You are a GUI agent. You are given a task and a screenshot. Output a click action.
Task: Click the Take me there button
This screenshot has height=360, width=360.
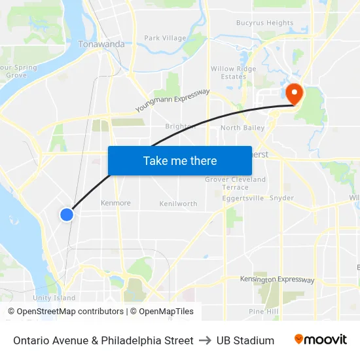tap(180, 160)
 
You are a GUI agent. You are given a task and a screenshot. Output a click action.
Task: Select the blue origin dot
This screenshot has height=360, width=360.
tap(67, 214)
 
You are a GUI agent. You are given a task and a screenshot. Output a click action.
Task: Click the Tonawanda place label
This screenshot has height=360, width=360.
tap(101, 44)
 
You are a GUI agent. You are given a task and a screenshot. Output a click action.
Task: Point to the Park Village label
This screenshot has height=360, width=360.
tap(165, 38)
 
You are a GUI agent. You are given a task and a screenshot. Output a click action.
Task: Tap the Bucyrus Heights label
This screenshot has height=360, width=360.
tap(264, 23)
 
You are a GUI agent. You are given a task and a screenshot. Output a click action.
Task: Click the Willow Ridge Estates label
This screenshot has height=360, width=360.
tap(233, 72)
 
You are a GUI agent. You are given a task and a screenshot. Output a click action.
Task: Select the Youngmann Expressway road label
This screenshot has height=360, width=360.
tap(172, 100)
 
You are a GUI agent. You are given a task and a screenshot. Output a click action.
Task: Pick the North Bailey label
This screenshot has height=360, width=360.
tap(242, 128)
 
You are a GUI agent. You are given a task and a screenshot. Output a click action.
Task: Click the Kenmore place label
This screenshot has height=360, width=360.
tap(116, 203)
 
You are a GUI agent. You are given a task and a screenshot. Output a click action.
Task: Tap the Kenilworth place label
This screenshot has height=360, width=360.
tap(178, 204)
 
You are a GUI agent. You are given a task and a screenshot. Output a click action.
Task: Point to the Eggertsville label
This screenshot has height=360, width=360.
tap(242, 198)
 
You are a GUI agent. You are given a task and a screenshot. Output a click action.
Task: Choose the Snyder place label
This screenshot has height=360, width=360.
tap(281, 198)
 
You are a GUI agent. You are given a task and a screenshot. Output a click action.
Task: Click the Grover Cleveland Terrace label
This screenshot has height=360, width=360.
tap(236, 183)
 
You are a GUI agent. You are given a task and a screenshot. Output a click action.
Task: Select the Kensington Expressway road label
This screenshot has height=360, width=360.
tap(277, 279)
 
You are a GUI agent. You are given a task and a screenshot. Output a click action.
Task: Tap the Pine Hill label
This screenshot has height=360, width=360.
tap(264, 312)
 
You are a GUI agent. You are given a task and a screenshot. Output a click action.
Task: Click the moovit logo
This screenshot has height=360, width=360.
tap(321, 340)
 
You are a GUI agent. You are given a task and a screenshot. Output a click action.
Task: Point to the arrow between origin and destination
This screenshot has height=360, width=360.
tap(205, 340)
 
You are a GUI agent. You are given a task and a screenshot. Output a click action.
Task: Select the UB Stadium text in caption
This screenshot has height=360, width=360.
tap(245, 340)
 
